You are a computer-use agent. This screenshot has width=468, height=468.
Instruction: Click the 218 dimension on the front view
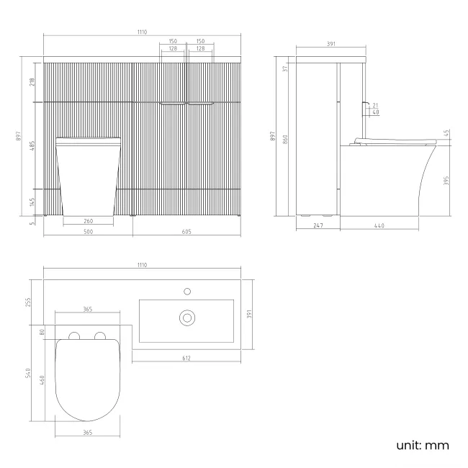[31, 81]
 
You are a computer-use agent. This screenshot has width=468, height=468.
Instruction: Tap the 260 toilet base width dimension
[88, 221]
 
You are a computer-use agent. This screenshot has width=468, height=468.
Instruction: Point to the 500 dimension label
[88, 233]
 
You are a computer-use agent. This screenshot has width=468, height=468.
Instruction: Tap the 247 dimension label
[318, 227]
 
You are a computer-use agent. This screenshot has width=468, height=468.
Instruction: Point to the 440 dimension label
[379, 227]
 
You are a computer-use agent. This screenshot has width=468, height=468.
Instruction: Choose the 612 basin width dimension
[186, 358]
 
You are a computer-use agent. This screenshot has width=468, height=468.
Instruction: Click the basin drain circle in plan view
[186, 316]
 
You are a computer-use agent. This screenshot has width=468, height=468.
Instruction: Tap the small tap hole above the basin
[186, 292]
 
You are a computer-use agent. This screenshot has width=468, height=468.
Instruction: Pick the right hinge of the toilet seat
[101, 335]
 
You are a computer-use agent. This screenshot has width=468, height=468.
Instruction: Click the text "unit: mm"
[423, 446]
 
